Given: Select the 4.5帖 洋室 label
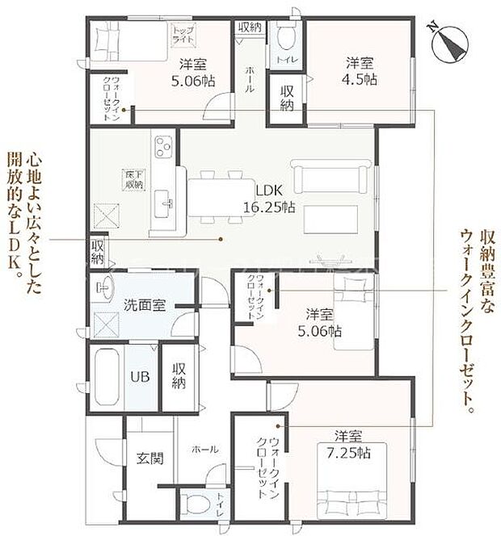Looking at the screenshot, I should pyautogui.click(x=360, y=71).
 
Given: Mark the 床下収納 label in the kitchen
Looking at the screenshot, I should pyautogui.click(x=133, y=179).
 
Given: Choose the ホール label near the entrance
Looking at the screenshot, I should pyautogui.click(x=204, y=449).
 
